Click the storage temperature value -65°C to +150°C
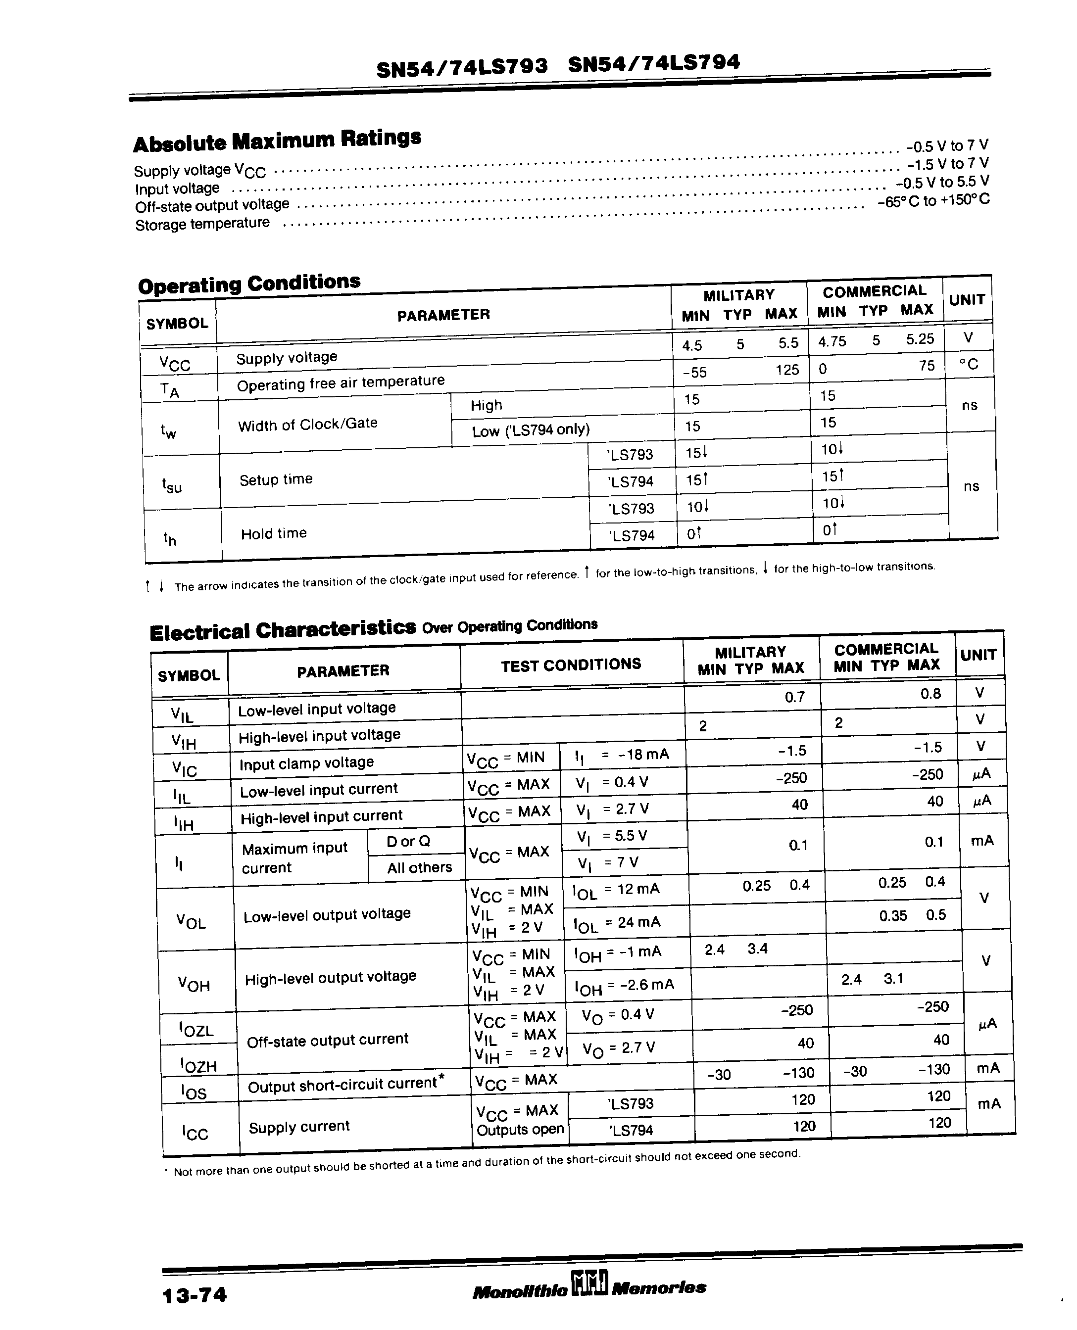click(933, 201)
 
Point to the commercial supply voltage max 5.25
click(920, 339)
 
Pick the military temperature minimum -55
click(694, 373)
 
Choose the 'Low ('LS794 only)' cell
click(531, 429)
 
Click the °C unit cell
click(969, 365)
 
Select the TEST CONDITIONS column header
click(571, 665)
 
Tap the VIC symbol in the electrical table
click(184, 769)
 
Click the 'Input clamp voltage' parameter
click(306, 762)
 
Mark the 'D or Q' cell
click(408, 842)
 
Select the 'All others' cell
click(419, 867)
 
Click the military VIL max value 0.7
click(794, 697)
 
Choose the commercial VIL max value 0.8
click(930, 694)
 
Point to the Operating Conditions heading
click(249, 284)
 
